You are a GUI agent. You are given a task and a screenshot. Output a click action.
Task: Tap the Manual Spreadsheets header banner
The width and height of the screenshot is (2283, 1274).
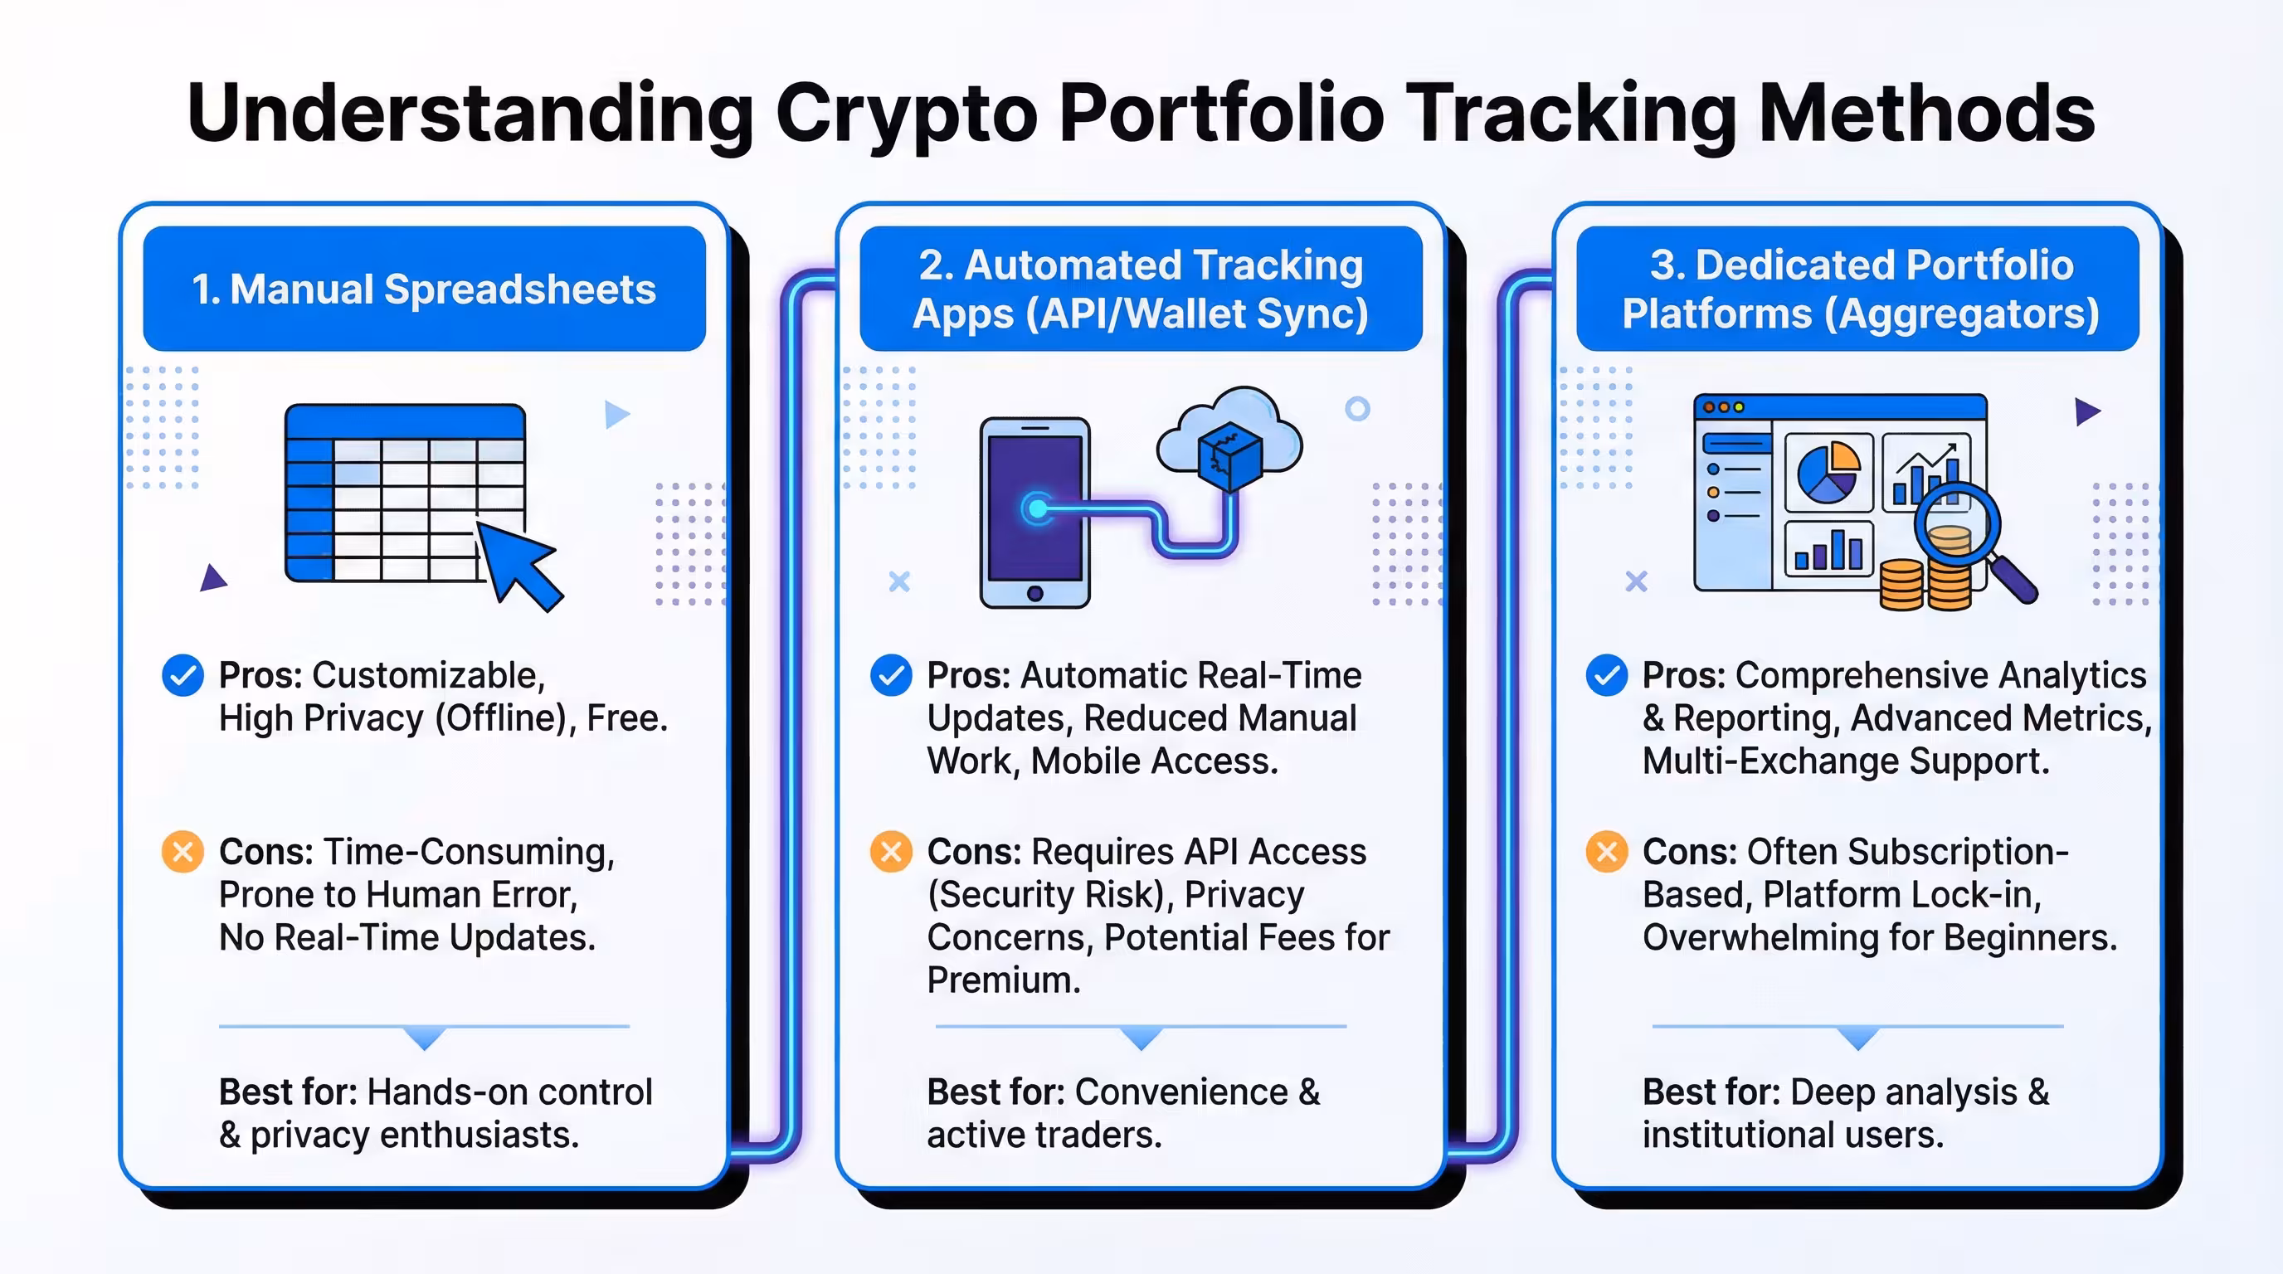pyautogui.click(x=424, y=289)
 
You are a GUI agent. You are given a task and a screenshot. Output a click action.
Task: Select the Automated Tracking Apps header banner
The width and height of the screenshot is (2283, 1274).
pyautogui.click(x=1141, y=289)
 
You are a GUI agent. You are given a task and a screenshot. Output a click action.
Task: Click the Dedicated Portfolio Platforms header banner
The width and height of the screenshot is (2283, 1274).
pyautogui.click(x=1857, y=289)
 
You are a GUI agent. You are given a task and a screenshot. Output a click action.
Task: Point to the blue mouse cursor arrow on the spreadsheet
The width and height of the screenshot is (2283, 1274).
pyautogui.click(x=518, y=562)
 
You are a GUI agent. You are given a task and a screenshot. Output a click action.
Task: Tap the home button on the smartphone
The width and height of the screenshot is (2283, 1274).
pyautogui.click(x=1034, y=593)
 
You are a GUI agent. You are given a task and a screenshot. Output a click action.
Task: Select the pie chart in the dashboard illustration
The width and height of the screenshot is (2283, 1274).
pyautogui.click(x=1828, y=472)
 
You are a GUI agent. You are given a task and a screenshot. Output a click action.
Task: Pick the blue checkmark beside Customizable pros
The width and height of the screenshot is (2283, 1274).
pyautogui.click(x=183, y=676)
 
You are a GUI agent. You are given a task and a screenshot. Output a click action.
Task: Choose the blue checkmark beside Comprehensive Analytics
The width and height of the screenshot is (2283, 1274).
pyautogui.click(x=1606, y=676)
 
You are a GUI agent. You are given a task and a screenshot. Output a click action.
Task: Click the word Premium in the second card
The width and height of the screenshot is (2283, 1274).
pyautogui.click(x=1003, y=980)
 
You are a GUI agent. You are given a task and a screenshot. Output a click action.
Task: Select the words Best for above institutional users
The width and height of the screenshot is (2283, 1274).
pyautogui.click(x=1711, y=1092)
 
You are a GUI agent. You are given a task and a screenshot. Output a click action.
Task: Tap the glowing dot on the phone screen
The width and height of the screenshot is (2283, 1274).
pyautogui.click(x=1036, y=508)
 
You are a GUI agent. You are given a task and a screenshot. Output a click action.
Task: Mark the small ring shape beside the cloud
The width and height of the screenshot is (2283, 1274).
pyautogui.click(x=1357, y=408)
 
